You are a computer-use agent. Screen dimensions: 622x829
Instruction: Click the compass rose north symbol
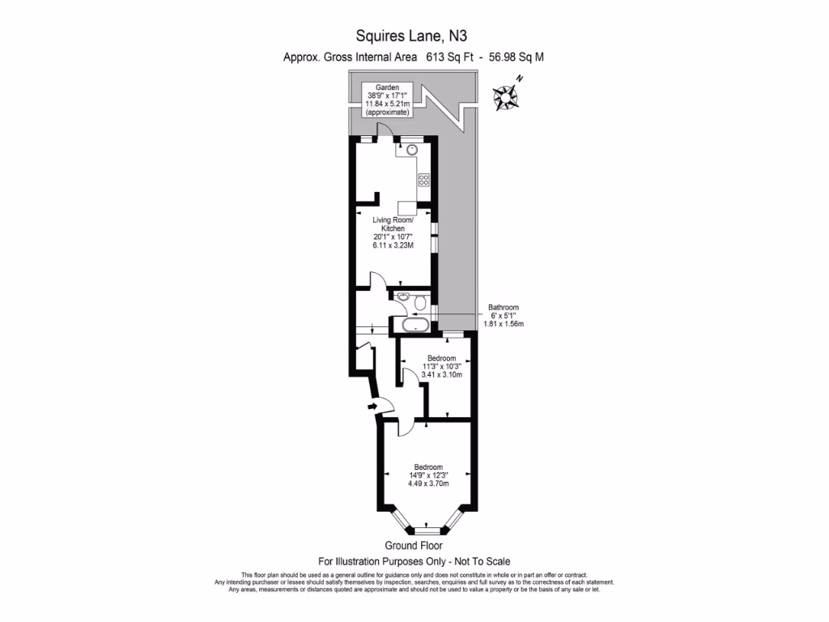pyautogui.click(x=508, y=95)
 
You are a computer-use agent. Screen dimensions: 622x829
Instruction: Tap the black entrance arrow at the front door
pyautogui.click(x=372, y=405)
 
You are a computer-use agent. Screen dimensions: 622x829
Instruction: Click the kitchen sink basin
pyautogui.click(x=412, y=150)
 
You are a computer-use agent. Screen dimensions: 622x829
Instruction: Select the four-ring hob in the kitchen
pyautogui.click(x=423, y=179)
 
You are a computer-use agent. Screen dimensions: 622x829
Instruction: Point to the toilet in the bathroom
pyautogui.click(x=419, y=304)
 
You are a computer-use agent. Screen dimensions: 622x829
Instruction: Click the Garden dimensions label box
pyautogui.click(x=386, y=100)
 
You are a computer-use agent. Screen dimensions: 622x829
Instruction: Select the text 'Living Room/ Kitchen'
pyautogui.click(x=393, y=224)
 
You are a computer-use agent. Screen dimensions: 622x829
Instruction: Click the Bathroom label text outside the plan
pyautogui.click(x=503, y=308)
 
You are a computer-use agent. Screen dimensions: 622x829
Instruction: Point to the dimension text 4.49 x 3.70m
pyautogui.click(x=428, y=484)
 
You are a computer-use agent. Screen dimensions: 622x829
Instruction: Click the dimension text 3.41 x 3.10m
pyautogui.click(x=441, y=375)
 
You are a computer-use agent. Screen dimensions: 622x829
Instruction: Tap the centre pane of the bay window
pyautogui.click(x=432, y=530)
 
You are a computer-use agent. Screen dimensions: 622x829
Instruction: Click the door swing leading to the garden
pyautogui.click(x=388, y=130)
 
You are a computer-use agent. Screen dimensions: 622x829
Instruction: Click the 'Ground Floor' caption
pyautogui.click(x=414, y=546)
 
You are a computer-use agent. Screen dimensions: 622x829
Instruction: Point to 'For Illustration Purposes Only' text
pyautogui.click(x=380, y=561)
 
